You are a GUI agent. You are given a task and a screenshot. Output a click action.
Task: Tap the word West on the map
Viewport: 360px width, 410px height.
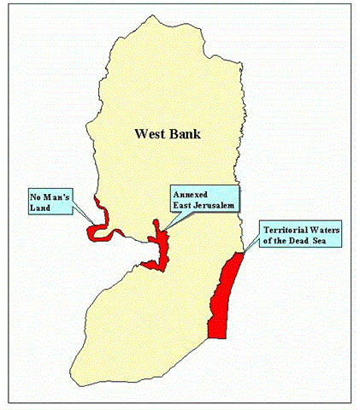click(x=150, y=133)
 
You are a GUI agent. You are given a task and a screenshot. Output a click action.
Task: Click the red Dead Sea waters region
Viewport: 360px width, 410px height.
click(x=223, y=295)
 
